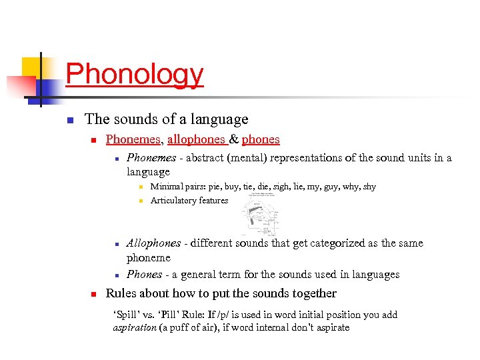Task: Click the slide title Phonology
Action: pos(134,74)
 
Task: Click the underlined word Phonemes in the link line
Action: pos(133,139)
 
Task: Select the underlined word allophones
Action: pos(196,139)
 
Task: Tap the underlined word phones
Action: pos(261,139)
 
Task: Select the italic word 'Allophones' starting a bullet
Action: pos(153,243)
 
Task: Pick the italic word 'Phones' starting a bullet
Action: pos(144,274)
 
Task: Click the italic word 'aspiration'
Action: pos(133,327)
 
